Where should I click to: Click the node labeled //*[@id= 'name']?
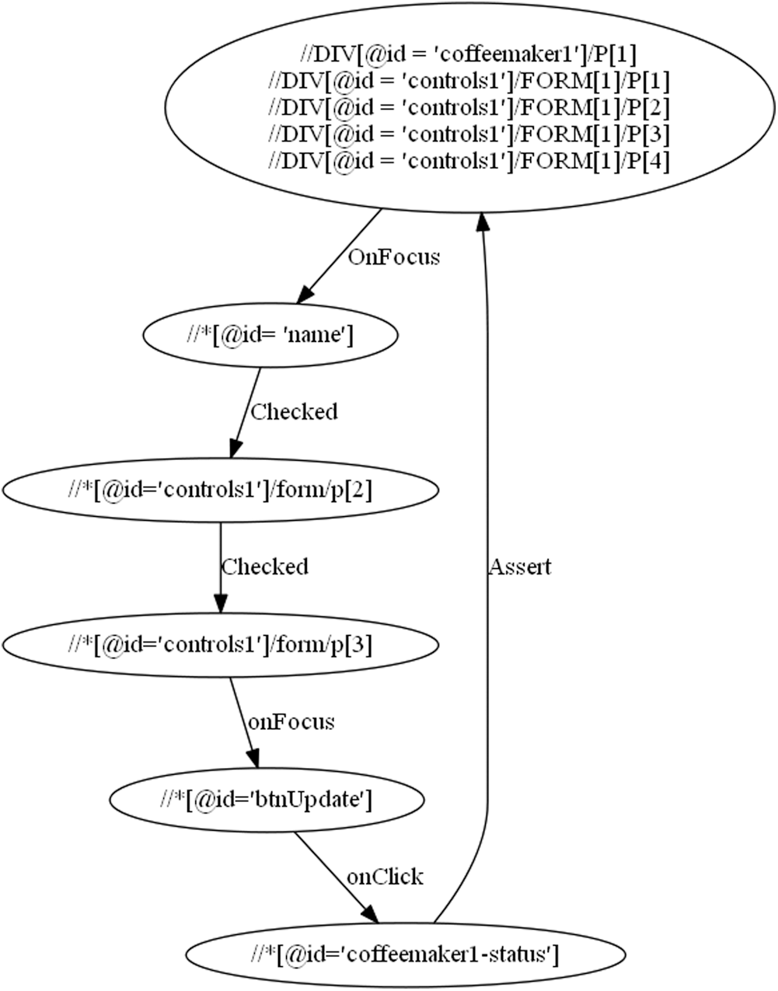270,335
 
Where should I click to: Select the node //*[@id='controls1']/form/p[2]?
221,490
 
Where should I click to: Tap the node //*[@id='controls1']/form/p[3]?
221,645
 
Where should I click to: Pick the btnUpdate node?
267,800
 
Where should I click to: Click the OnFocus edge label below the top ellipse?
393,256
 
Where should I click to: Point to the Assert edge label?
519,567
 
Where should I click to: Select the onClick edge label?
385,877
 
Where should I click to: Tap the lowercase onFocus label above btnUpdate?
291,722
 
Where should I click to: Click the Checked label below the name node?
294,411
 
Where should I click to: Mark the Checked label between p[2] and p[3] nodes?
264,567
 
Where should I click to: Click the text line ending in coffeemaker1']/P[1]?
469,55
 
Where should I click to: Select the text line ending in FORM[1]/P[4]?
469,160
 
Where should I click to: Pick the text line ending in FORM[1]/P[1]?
469,82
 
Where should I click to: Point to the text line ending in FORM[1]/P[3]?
469,134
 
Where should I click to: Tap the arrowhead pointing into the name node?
306,293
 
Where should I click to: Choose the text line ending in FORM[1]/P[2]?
469,107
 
